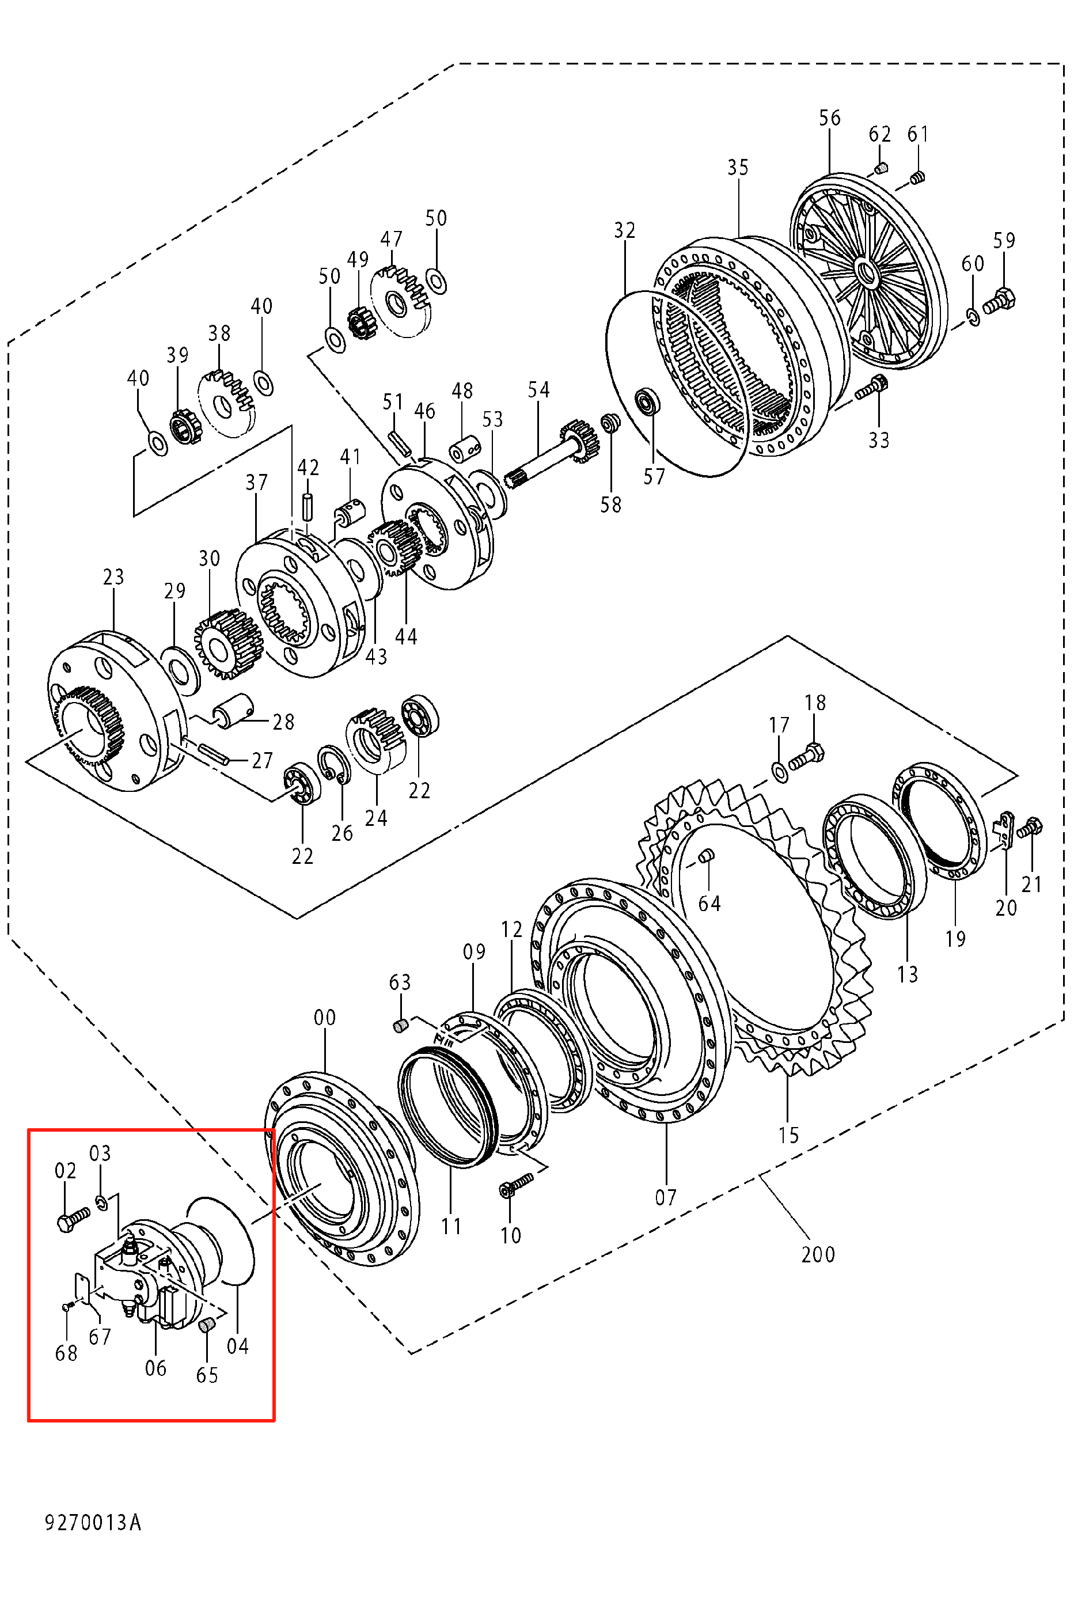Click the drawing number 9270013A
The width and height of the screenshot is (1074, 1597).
click(x=93, y=1522)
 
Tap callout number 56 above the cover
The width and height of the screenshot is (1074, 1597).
click(x=829, y=118)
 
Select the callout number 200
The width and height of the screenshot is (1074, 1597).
click(x=818, y=1254)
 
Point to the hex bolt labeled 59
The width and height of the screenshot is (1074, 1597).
click(x=999, y=301)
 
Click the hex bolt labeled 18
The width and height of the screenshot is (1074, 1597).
click(x=806, y=757)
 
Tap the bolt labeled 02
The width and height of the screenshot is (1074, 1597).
click(x=73, y=1219)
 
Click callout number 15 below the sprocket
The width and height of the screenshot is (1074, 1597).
click(x=788, y=1136)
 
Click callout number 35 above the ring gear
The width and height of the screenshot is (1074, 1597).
click(x=738, y=168)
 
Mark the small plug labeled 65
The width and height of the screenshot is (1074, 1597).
click(x=206, y=1326)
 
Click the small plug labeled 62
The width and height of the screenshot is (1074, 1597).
click(x=882, y=167)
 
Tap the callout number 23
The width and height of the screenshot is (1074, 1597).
click(x=113, y=577)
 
